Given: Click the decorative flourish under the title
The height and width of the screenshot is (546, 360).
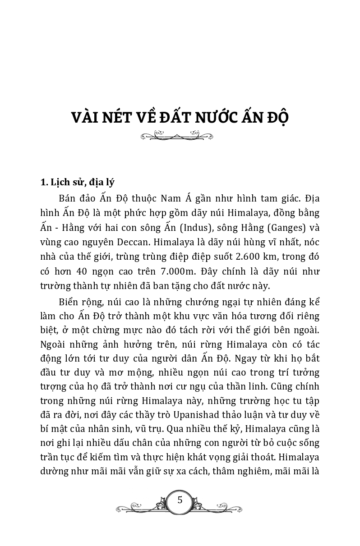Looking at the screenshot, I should tap(177, 135).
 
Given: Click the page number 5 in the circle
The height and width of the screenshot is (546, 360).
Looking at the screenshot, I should tap(180, 500).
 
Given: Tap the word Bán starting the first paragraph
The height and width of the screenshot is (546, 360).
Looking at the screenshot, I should tap(67, 199).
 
